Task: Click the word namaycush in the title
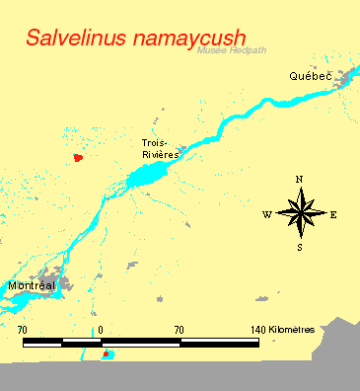coord(179,38)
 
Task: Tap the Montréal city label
coord(31,285)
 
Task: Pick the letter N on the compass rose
coord(299,179)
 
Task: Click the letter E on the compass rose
coord(333,213)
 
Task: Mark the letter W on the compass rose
coord(266,213)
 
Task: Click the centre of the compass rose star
coord(300,212)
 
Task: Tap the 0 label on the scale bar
coord(101,329)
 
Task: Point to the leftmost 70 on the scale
coord(23,329)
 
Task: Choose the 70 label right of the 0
coord(179,329)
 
